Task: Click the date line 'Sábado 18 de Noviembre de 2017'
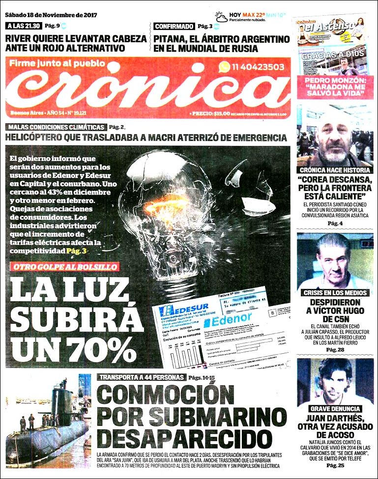(x=52, y=15)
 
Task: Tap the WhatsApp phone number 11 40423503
(x=259, y=67)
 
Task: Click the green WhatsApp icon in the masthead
(x=225, y=67)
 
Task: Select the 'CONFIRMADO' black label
(x=174, y=26)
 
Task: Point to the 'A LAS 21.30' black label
(x=24, y=26)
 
